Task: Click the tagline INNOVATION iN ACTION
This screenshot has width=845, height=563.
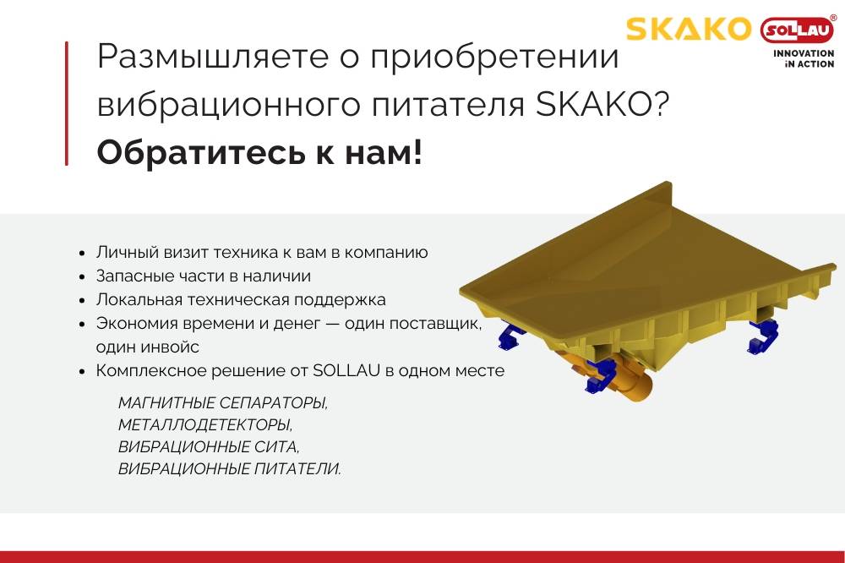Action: pos(804,57)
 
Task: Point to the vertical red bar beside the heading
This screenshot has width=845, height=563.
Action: pos(67,103)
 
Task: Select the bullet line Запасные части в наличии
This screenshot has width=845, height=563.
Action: pos(203,276)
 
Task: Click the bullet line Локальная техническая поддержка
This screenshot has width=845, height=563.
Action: pos(241,299)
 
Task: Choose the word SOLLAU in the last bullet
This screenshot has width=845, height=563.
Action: pos(343,370)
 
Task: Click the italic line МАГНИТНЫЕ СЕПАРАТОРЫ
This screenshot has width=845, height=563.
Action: pos(222,402)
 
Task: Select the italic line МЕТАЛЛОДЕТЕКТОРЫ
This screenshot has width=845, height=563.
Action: pos(210,424)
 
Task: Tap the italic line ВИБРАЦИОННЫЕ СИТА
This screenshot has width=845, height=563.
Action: pos(208,446)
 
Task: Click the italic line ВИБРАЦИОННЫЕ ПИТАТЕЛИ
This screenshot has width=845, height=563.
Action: pos(229,468)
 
